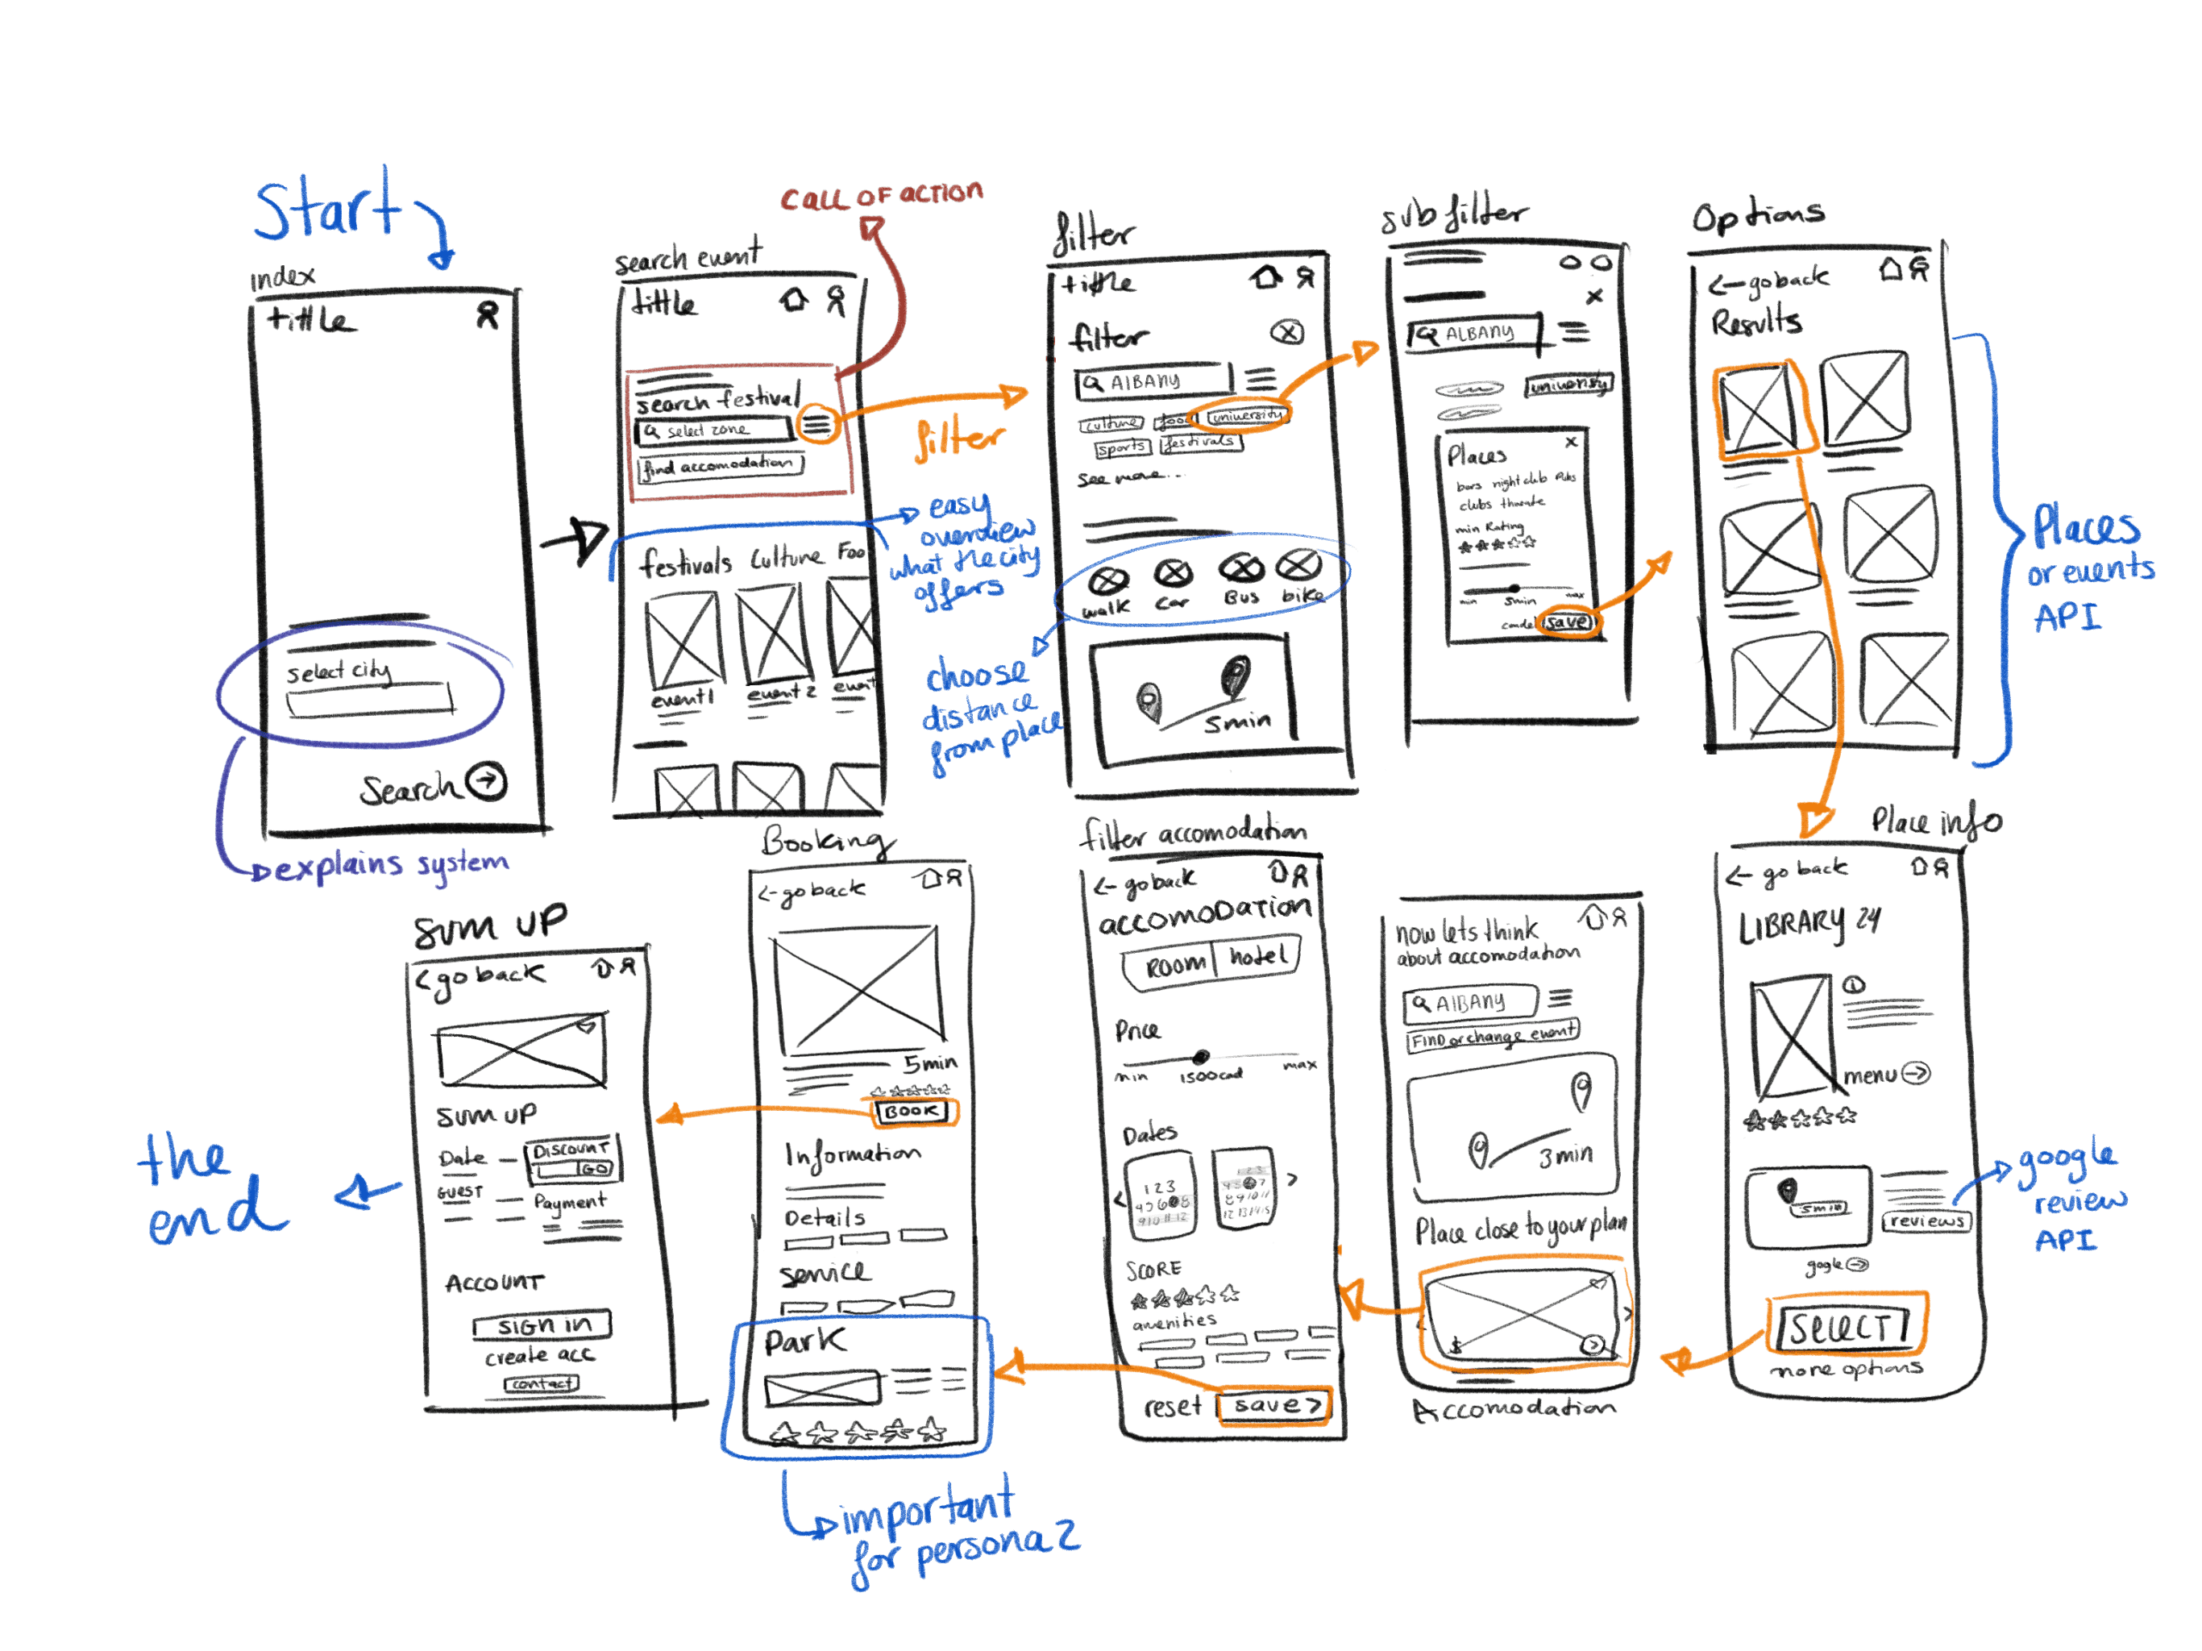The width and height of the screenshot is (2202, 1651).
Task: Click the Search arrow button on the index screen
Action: coord(487,782)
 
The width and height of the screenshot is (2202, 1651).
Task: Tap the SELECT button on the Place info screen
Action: coord(1845,1325)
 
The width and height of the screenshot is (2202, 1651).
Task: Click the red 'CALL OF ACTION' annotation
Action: coord(881,195)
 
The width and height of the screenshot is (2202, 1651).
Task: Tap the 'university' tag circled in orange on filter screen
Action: coord(1245,415)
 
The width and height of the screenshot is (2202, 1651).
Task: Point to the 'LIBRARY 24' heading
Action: coord(1808,924)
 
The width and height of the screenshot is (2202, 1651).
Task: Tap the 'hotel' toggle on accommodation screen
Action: coord(1257,958)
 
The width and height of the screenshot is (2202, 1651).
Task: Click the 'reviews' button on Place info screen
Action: coord(1926,1221)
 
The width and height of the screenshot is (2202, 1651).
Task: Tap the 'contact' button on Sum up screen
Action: coord(542,1384)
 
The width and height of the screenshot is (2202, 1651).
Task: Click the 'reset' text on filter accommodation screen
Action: coord(1172,1406)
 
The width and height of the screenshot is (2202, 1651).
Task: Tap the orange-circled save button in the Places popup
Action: coord(1568,622)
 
